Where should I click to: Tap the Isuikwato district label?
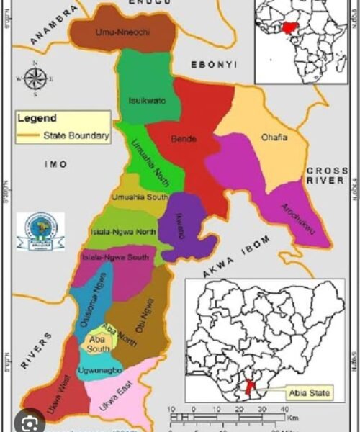[146, 100]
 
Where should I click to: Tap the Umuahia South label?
[140, 197]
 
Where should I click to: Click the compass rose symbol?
[35, 78]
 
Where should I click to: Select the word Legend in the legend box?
[37, 117]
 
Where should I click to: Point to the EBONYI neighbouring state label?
[213, 65]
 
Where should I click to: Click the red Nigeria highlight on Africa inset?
[290, 29]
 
